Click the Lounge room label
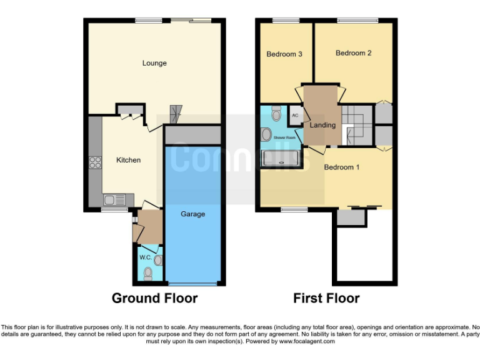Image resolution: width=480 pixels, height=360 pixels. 154,63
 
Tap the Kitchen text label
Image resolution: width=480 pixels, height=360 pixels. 128,160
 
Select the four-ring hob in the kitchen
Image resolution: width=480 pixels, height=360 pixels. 96,162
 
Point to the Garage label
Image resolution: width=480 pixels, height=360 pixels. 193,214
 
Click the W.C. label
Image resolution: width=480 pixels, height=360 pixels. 145,257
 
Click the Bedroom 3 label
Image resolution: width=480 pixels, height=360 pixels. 284,54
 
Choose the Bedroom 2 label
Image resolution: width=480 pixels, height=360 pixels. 354,53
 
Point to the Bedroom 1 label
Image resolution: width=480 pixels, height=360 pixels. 341,167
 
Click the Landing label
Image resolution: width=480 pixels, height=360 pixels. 322,125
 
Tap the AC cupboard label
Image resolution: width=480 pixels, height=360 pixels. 296,116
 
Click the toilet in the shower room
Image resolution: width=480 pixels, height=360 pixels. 277,114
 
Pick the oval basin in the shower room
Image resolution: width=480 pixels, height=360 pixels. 266,134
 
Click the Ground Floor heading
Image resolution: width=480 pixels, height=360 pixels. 154,298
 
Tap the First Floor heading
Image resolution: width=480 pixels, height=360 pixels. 326,298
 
